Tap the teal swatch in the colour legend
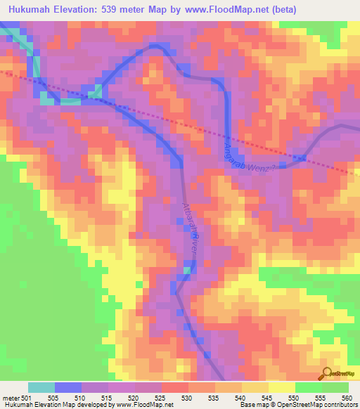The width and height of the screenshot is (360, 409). pyautogui.click(x=41, y=387)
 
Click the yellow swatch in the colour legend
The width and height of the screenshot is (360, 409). pyautogui.click(x=281, y=387)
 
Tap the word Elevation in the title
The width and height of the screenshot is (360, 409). pyautogui.click(x=77, y=9)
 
